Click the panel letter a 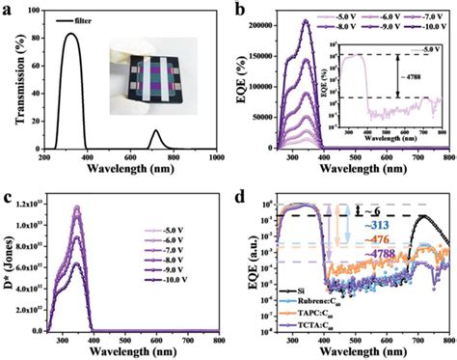pos(10,9)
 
